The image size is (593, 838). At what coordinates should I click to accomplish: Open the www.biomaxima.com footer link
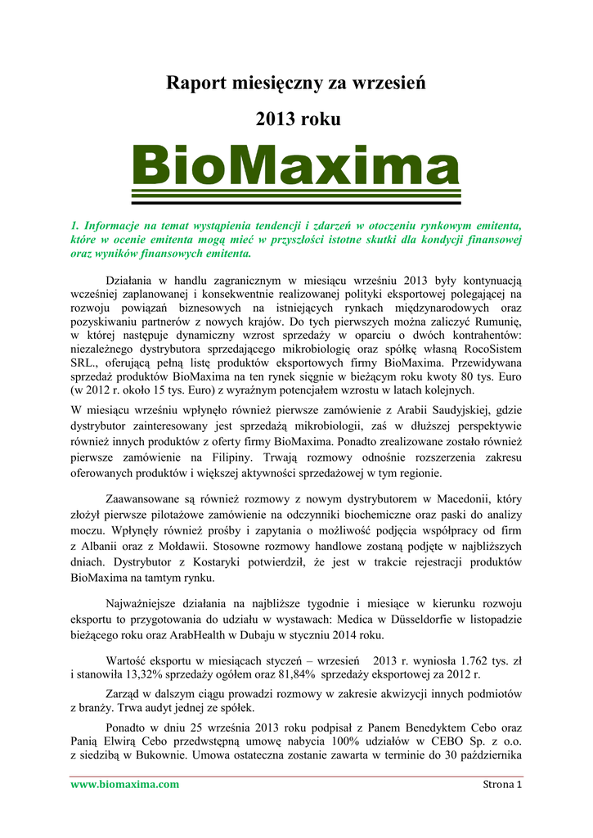click(x=124, y=785)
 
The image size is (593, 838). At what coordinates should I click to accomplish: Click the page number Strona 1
click(x=498, y=785)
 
